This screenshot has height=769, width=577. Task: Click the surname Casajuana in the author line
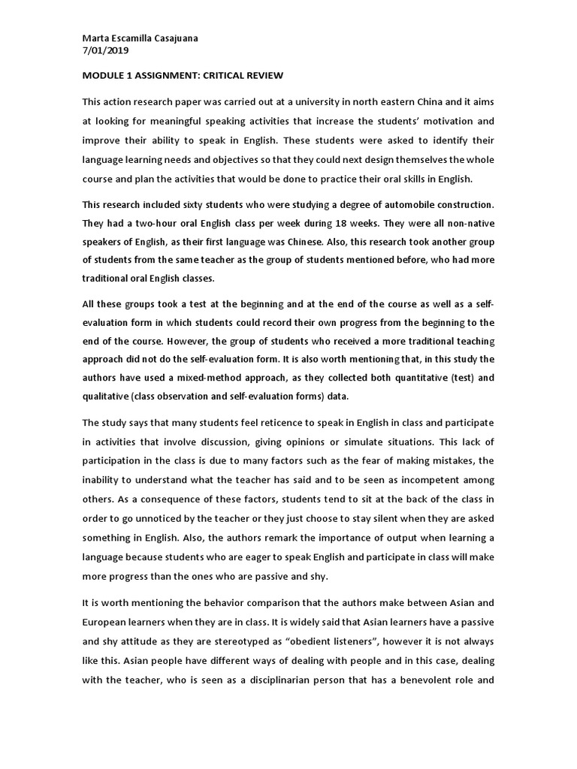[174, 39]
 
